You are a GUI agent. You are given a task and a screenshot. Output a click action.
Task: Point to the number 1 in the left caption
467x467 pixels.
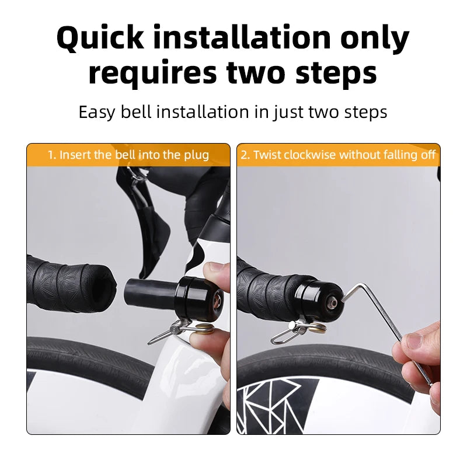coord(51,155)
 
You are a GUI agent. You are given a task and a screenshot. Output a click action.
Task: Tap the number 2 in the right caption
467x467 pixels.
coord(244,155)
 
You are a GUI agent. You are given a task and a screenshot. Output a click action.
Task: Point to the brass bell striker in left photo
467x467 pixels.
coord(205,329)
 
